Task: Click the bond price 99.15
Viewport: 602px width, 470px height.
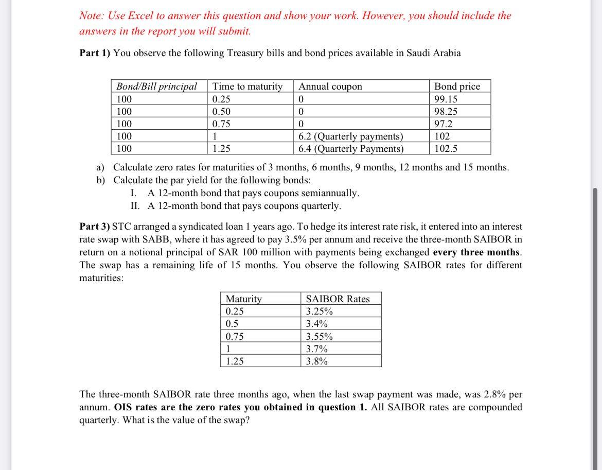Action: tap(446, 99)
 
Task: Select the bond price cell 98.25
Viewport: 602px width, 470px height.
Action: tap(446, 111)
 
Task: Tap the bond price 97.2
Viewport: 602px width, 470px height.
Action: tap(444, 124)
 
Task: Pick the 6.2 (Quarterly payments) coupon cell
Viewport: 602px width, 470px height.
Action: tap(351, 136)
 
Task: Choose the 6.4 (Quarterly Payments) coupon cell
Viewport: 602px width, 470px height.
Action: tap(351, 149)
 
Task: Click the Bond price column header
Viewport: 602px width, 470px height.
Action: tap(457, 86)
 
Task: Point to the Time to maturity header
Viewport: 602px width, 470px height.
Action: tap(247, 86)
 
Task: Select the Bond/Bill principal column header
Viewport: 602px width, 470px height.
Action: tap(156, 86)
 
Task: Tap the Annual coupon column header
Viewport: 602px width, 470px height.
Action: tap(330, 86)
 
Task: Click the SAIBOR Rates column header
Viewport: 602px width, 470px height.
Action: tap(338, 299)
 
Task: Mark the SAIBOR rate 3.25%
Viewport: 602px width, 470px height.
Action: tap(319, 311)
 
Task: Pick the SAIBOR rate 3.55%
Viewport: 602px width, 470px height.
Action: tap(319, 337)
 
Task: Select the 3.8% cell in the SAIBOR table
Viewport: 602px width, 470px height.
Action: tap(317, 361)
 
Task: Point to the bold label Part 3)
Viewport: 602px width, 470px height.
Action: tap(95, 227)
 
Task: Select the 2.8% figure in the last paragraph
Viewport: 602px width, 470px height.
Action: tap(496, 394)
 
